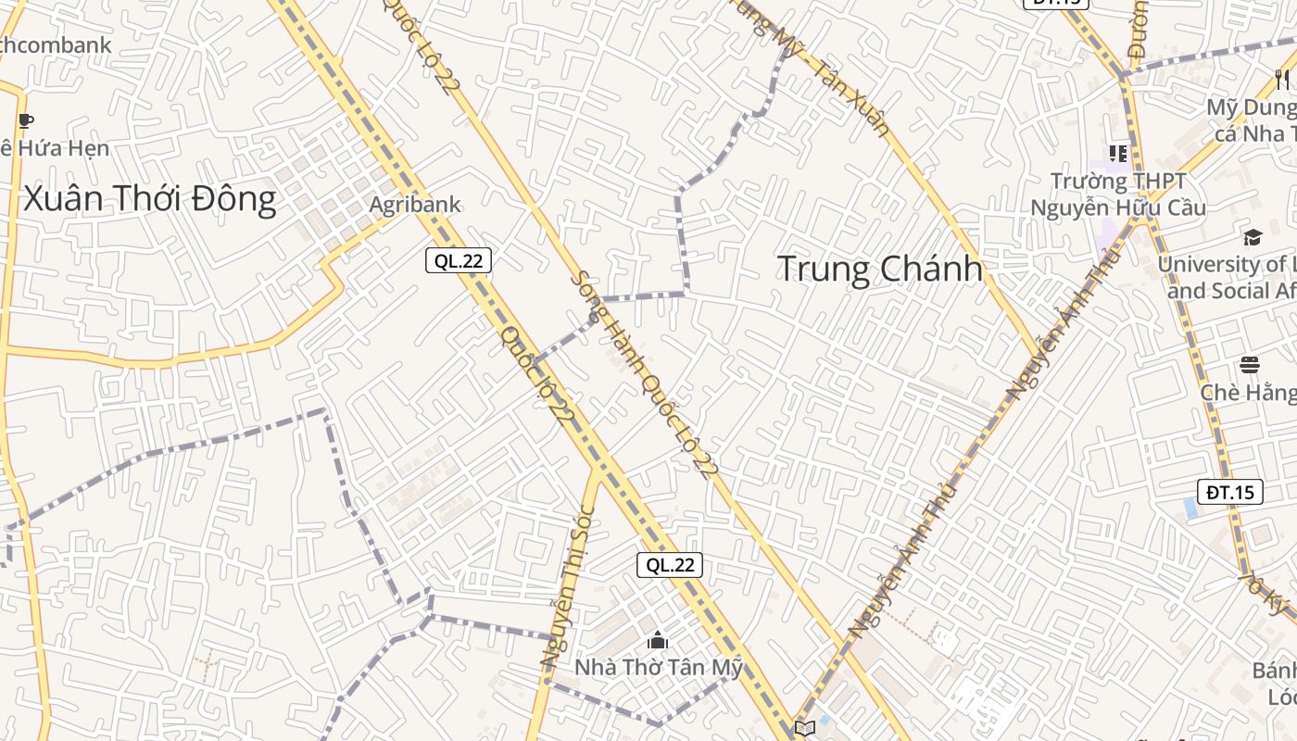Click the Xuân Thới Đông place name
pos(149,199)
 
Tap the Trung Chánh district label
pos(879,269)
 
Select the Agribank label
pos(415,205)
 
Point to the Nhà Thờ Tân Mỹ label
pos(659,667)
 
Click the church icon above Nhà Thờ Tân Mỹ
pos(658,640)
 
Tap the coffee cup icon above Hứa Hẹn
pos(26,120)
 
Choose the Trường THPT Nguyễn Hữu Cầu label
pos(1118,195)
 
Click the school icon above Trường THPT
pos(1118,153)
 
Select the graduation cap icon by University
pos(1253,237)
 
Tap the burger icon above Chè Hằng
pos(1250,364)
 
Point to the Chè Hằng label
pos(1249,393)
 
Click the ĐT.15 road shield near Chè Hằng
pos(1230,492)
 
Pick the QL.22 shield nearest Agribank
pos(459,260)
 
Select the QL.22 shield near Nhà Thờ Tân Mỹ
pos(670,565)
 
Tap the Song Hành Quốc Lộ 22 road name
pos(644,374)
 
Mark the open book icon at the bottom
pos(805,728)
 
